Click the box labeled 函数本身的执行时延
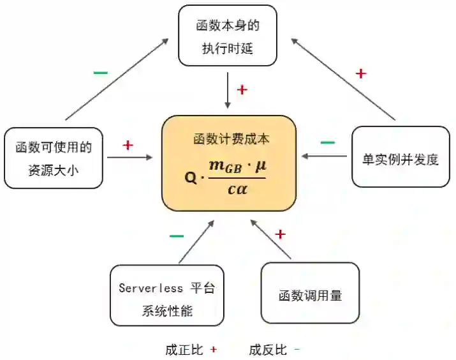point(228,36)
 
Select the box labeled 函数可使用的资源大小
point(53,158)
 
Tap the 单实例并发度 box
point(401,158)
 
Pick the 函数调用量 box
point(310,294)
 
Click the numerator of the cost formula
point(237,167)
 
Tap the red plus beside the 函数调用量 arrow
point(280,234)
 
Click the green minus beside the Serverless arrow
point(177,236)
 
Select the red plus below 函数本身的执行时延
point(242,90)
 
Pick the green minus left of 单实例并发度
point(327,142)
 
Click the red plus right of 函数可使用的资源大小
point(128,146)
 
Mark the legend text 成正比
point(184,350)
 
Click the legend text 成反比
point(268,350)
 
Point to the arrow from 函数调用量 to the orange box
point(270,239)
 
